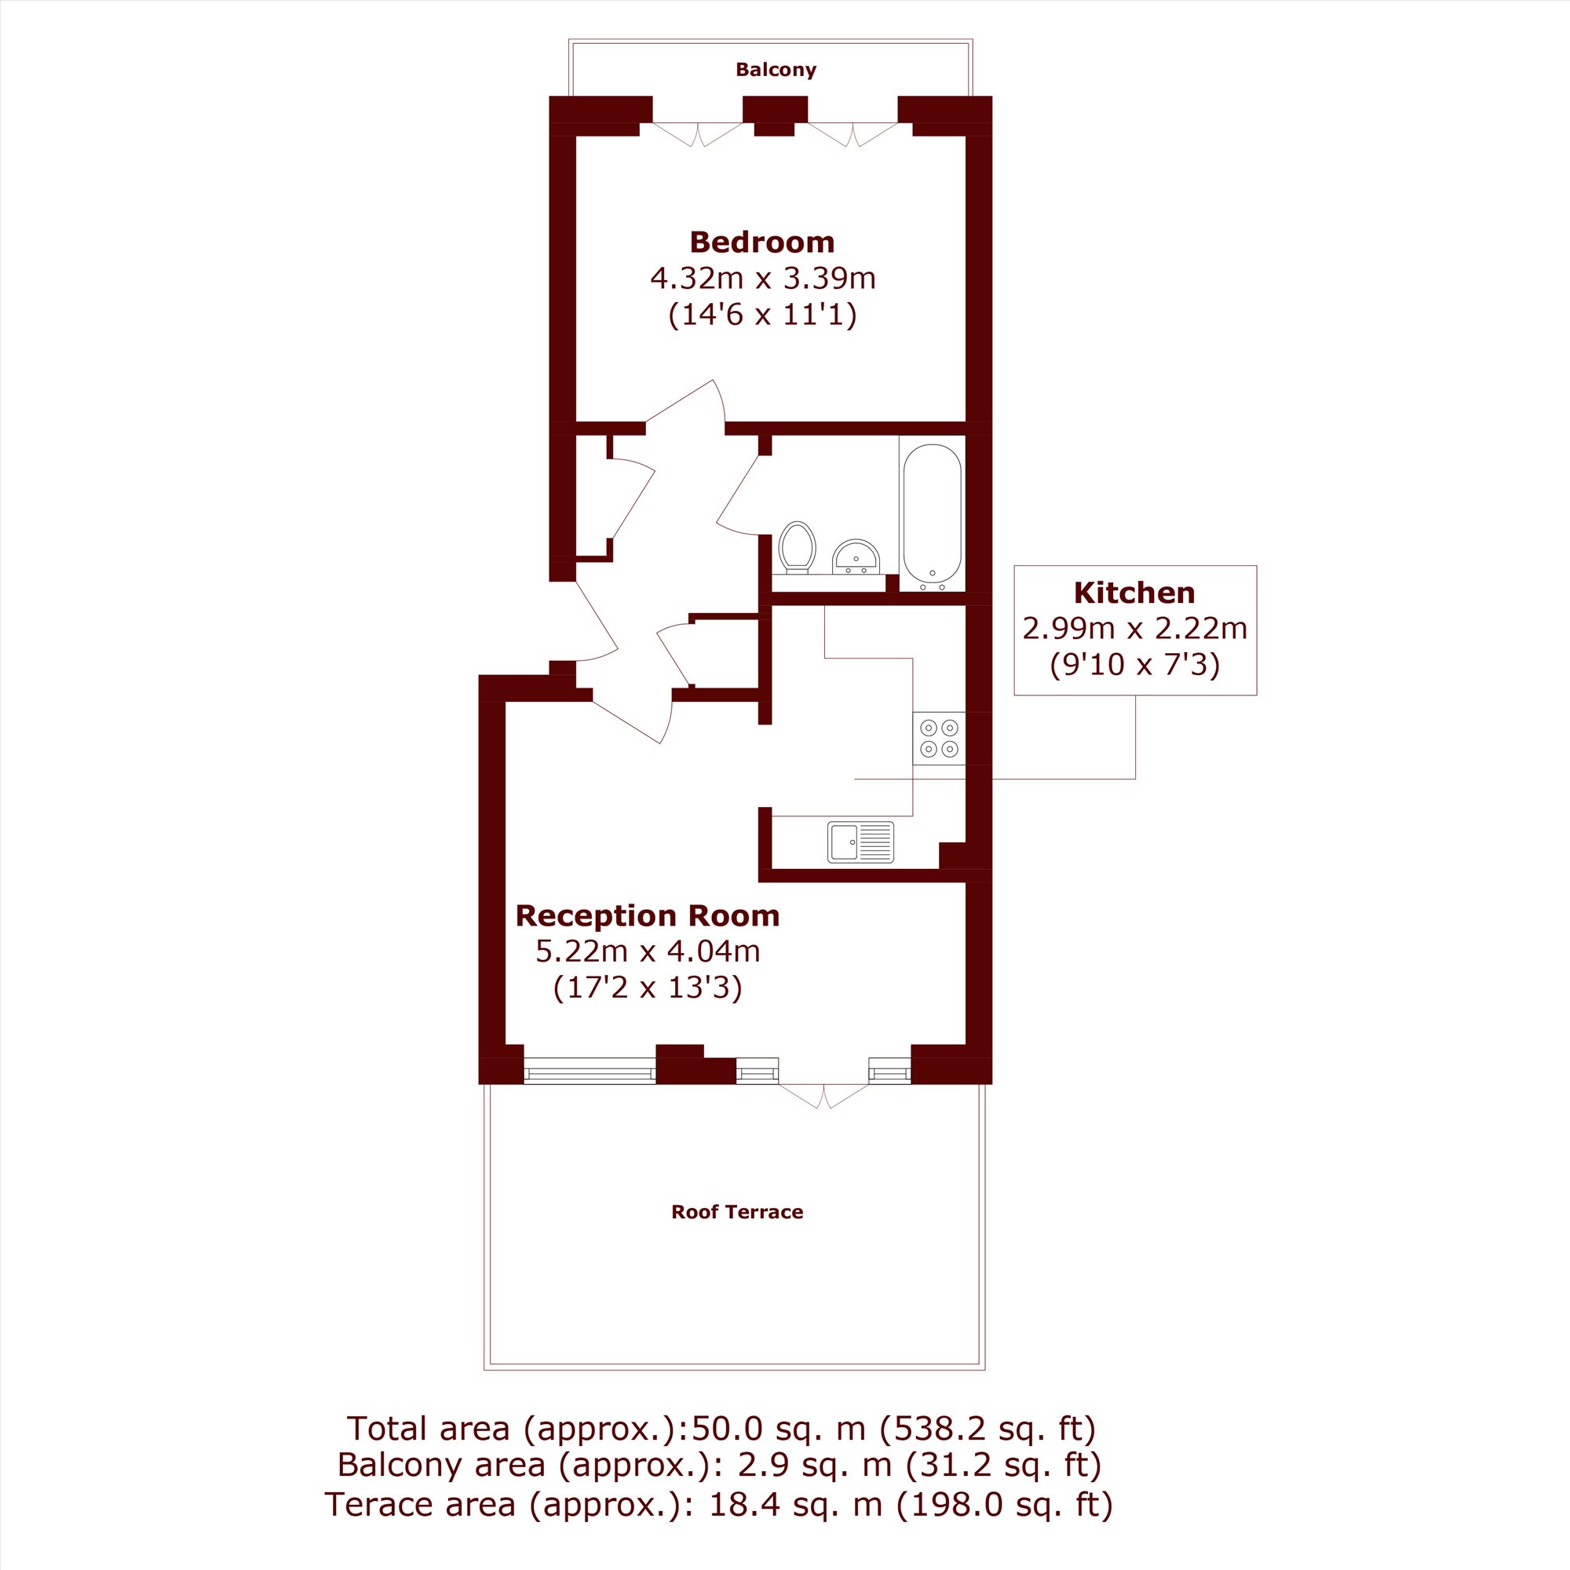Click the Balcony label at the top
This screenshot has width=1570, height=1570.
pos(776,70)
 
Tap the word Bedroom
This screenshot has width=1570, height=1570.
pos(762,241)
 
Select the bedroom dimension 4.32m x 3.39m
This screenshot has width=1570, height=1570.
pos(763,278)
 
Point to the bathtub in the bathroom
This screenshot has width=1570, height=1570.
pos(932,517)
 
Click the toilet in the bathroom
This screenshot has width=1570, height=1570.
pos(798,548)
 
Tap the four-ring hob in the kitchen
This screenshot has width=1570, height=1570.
pos(939,738)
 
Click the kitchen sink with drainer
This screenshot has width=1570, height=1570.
pos(860,842)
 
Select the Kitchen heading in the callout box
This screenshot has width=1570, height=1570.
pos(1134,593)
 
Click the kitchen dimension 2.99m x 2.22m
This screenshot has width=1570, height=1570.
pos(1134,628)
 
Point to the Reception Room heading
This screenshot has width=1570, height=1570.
pos(648,915)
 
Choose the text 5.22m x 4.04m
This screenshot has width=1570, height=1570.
pos(648,951)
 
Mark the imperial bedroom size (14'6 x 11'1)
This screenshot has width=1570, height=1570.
pos(762,315)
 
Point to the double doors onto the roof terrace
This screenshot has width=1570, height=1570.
pos(823,1095)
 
